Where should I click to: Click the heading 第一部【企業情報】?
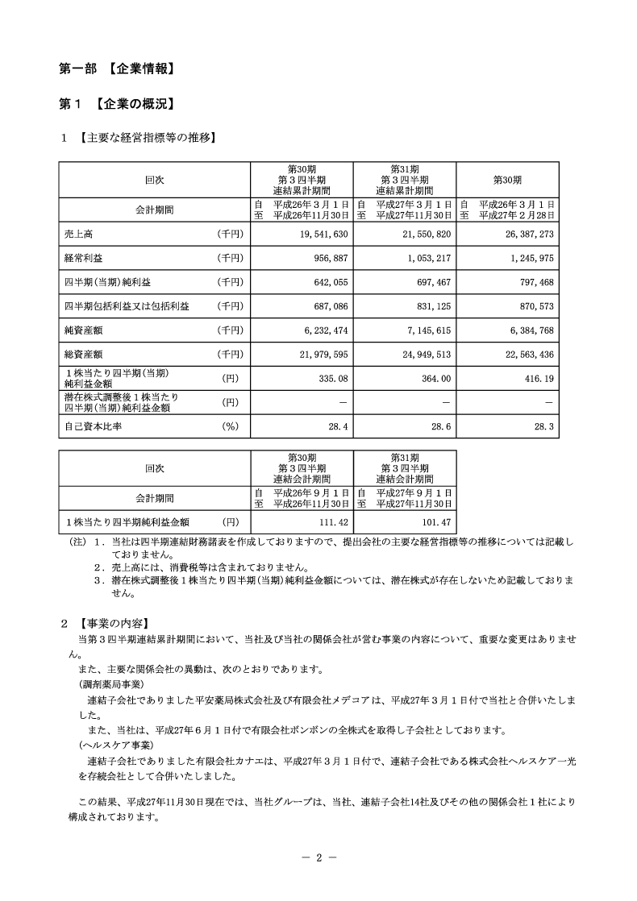118,69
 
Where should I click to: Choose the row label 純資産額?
84,330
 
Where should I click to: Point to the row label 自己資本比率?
89,426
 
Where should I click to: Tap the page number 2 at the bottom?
318,857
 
